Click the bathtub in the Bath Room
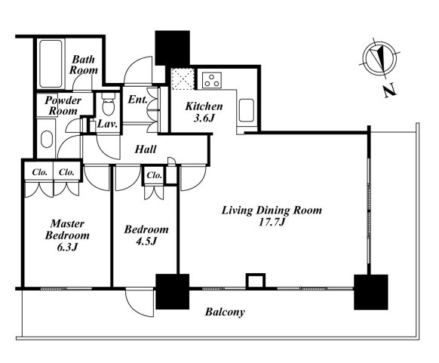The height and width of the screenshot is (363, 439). (51, 64)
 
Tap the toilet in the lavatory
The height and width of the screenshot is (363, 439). (109, 103)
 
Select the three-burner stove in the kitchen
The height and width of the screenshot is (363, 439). (212, 80)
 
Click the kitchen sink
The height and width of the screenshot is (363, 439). (247, 110)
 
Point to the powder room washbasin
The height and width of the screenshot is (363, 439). (47, 139)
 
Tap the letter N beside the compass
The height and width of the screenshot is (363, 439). (390, 91)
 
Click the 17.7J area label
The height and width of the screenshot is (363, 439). (272, 223)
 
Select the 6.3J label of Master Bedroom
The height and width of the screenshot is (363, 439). (67, 248)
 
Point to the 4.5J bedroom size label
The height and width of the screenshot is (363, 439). (146, 241)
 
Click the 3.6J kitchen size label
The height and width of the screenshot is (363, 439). (204, 118)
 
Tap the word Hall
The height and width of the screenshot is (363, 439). (146, 149)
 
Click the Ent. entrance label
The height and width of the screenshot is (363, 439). (137, 100)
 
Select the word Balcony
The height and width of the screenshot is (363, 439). (225, 312)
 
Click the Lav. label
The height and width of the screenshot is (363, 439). (107, 124)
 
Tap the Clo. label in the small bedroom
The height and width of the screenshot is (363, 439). (155, 175)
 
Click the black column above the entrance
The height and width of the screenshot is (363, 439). (173, 48)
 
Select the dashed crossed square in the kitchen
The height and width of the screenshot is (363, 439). (183, 79)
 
